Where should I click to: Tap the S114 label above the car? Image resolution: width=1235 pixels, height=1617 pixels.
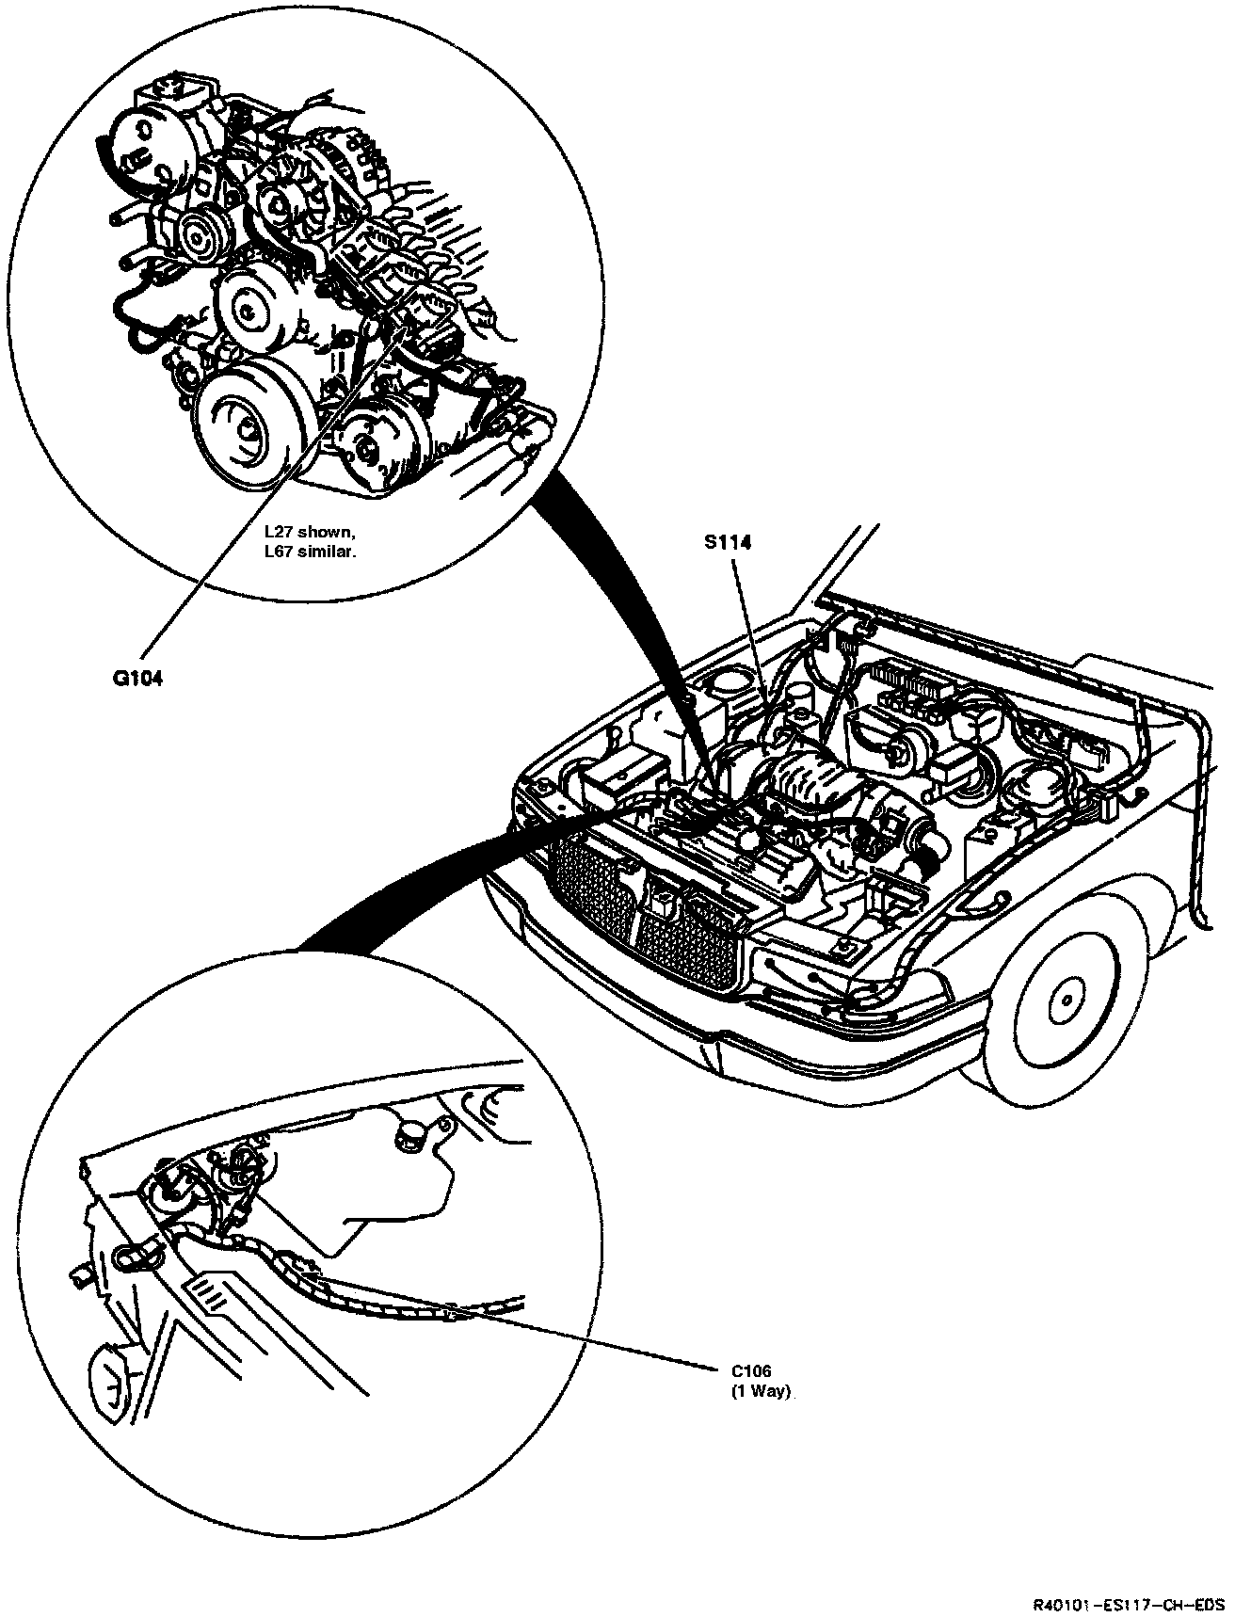(x=730, y=542)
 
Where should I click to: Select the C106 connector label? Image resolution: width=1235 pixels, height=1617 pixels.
(x=751, y=1371)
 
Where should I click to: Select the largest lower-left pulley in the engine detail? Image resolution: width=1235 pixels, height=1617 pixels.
(x=253, y=425)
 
